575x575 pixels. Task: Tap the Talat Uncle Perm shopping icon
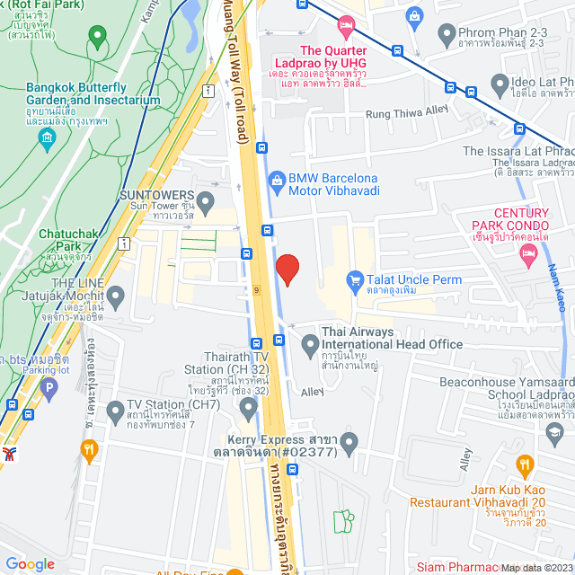(x=355, y=280)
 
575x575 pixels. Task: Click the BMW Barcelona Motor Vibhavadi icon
(x=277, y=181)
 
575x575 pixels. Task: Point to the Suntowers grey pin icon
(x=207, y=199)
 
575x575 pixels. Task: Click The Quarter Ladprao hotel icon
(x=349, y=24)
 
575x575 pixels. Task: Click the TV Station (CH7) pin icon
(x=115, y=411)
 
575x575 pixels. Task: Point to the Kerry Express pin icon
(x=349, y=442)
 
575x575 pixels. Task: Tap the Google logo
(x=31, y=563)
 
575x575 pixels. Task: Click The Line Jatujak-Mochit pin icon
(x=115, y=295)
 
